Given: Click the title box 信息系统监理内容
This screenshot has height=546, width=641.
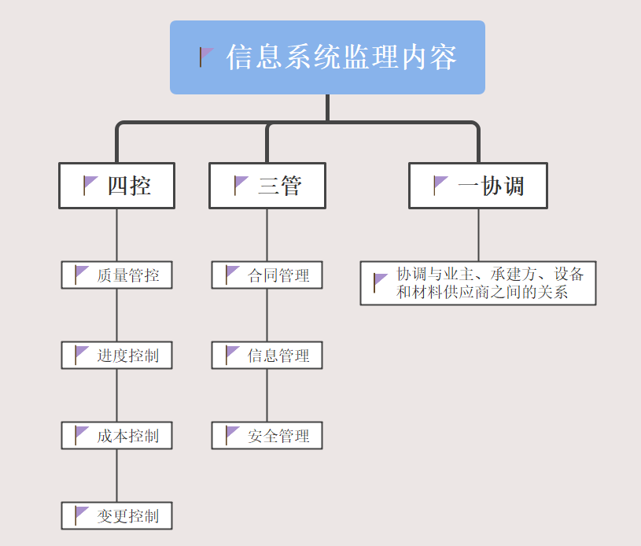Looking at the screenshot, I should [327, 57].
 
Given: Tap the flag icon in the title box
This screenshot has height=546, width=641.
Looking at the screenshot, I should [206, 57].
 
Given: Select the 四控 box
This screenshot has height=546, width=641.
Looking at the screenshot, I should [116, 186].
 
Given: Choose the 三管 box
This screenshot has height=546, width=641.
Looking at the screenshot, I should [267, 186].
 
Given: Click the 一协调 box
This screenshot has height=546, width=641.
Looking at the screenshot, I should [477, 186].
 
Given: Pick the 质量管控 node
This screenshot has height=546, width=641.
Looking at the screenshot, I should [116, 275].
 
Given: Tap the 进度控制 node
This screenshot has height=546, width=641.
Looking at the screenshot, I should [116, 356].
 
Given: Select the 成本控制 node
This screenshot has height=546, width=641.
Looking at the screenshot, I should [116, 436].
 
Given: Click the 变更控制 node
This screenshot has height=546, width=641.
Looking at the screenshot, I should [116, 516].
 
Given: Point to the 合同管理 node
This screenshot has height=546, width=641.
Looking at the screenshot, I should [267, 275].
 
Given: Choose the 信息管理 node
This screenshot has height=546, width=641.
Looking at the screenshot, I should [267, 356].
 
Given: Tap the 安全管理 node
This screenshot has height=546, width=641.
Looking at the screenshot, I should [267, 436].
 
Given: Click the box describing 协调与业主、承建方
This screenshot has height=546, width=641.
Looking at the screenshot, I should [477, 283].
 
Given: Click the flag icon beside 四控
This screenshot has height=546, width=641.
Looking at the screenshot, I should [90, 186].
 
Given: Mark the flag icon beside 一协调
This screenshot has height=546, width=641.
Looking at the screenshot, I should [440, 186].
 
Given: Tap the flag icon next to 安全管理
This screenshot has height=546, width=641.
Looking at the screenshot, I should [232, 435].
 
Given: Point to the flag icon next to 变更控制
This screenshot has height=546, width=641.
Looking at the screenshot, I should [82, 515].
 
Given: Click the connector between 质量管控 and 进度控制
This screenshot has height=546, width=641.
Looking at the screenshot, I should [117, 315].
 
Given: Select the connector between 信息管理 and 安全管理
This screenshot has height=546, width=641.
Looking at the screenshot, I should [267, 396].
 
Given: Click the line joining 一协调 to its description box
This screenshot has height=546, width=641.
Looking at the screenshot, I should [478, 234].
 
